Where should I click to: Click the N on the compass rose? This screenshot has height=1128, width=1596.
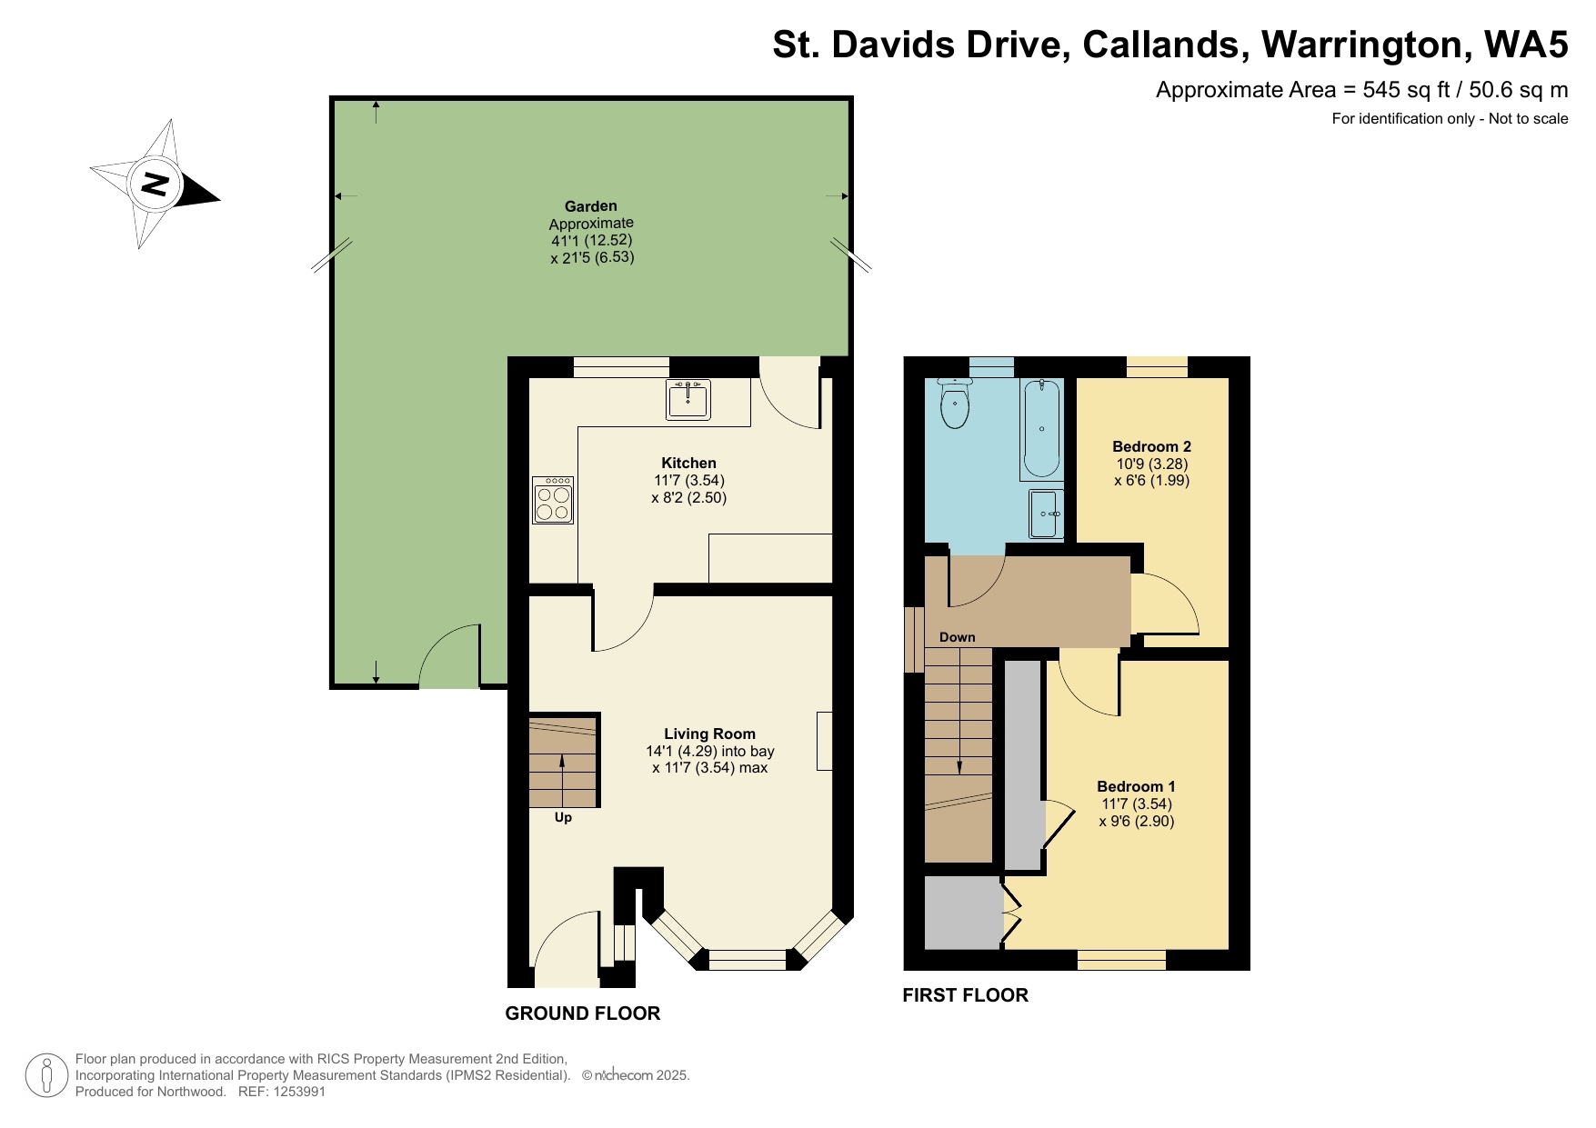click(156, 185)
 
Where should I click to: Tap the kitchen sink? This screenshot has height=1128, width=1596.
click(688, 400)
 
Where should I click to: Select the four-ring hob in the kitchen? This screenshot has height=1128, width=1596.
click(553, 501)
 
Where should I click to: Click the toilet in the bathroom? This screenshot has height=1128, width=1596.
click(954, 404)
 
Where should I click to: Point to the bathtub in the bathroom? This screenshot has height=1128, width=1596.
click(1041, 430)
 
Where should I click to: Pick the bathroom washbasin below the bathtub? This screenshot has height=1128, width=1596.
click(1046, 514)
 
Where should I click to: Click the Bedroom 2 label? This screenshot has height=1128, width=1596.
click(1151, 446)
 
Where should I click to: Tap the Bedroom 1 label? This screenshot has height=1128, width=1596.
click(1136, 786)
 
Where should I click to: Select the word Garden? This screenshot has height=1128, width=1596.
click(590, 206)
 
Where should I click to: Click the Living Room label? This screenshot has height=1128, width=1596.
click(709, 734)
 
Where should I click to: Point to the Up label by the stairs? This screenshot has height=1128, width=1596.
click(563, 817)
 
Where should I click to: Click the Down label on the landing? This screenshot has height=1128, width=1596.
click(957, 637)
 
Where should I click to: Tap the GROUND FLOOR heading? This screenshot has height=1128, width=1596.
click(582, 1013)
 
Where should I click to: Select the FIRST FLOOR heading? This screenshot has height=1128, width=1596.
click(965, 995)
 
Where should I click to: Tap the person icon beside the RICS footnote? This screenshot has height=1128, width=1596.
click(46, 1075)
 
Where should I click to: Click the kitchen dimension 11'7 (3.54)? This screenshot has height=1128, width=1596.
click(688, 480)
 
